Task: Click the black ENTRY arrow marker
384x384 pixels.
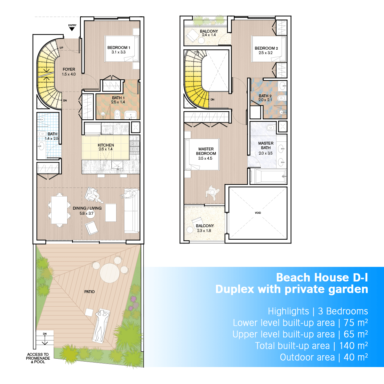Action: click(x=72, y=29)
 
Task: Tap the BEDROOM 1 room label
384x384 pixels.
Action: click(x=119, y=48)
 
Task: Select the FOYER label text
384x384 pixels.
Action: click(x=69, y=69)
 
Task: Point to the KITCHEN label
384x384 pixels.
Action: click(x=106, y=145)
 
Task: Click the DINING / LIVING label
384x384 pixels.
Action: click(x=87, y=208)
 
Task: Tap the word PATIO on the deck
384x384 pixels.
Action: click(x=90, y=292)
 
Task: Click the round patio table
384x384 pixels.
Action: click(x=110, y=273)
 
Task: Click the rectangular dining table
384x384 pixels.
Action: click(x=59, y=210)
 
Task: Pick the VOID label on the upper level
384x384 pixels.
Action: click(x=258, y=213)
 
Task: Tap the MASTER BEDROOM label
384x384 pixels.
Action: click(x=206, y=151)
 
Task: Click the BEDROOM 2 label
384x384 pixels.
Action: click(x=266, y=48)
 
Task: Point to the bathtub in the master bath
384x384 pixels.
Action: click(x=270, y=176)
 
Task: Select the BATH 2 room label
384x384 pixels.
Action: click(x=265, y=96)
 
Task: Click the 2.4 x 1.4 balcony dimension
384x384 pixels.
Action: click(x=209, y=35)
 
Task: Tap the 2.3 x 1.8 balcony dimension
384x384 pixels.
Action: click(x=204, y=230)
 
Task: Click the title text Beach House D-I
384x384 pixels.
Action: click(x=322, y=277)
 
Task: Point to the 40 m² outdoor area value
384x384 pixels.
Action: click(x=356, y=357)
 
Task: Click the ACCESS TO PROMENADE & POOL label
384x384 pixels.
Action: click(x=38, y=358)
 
